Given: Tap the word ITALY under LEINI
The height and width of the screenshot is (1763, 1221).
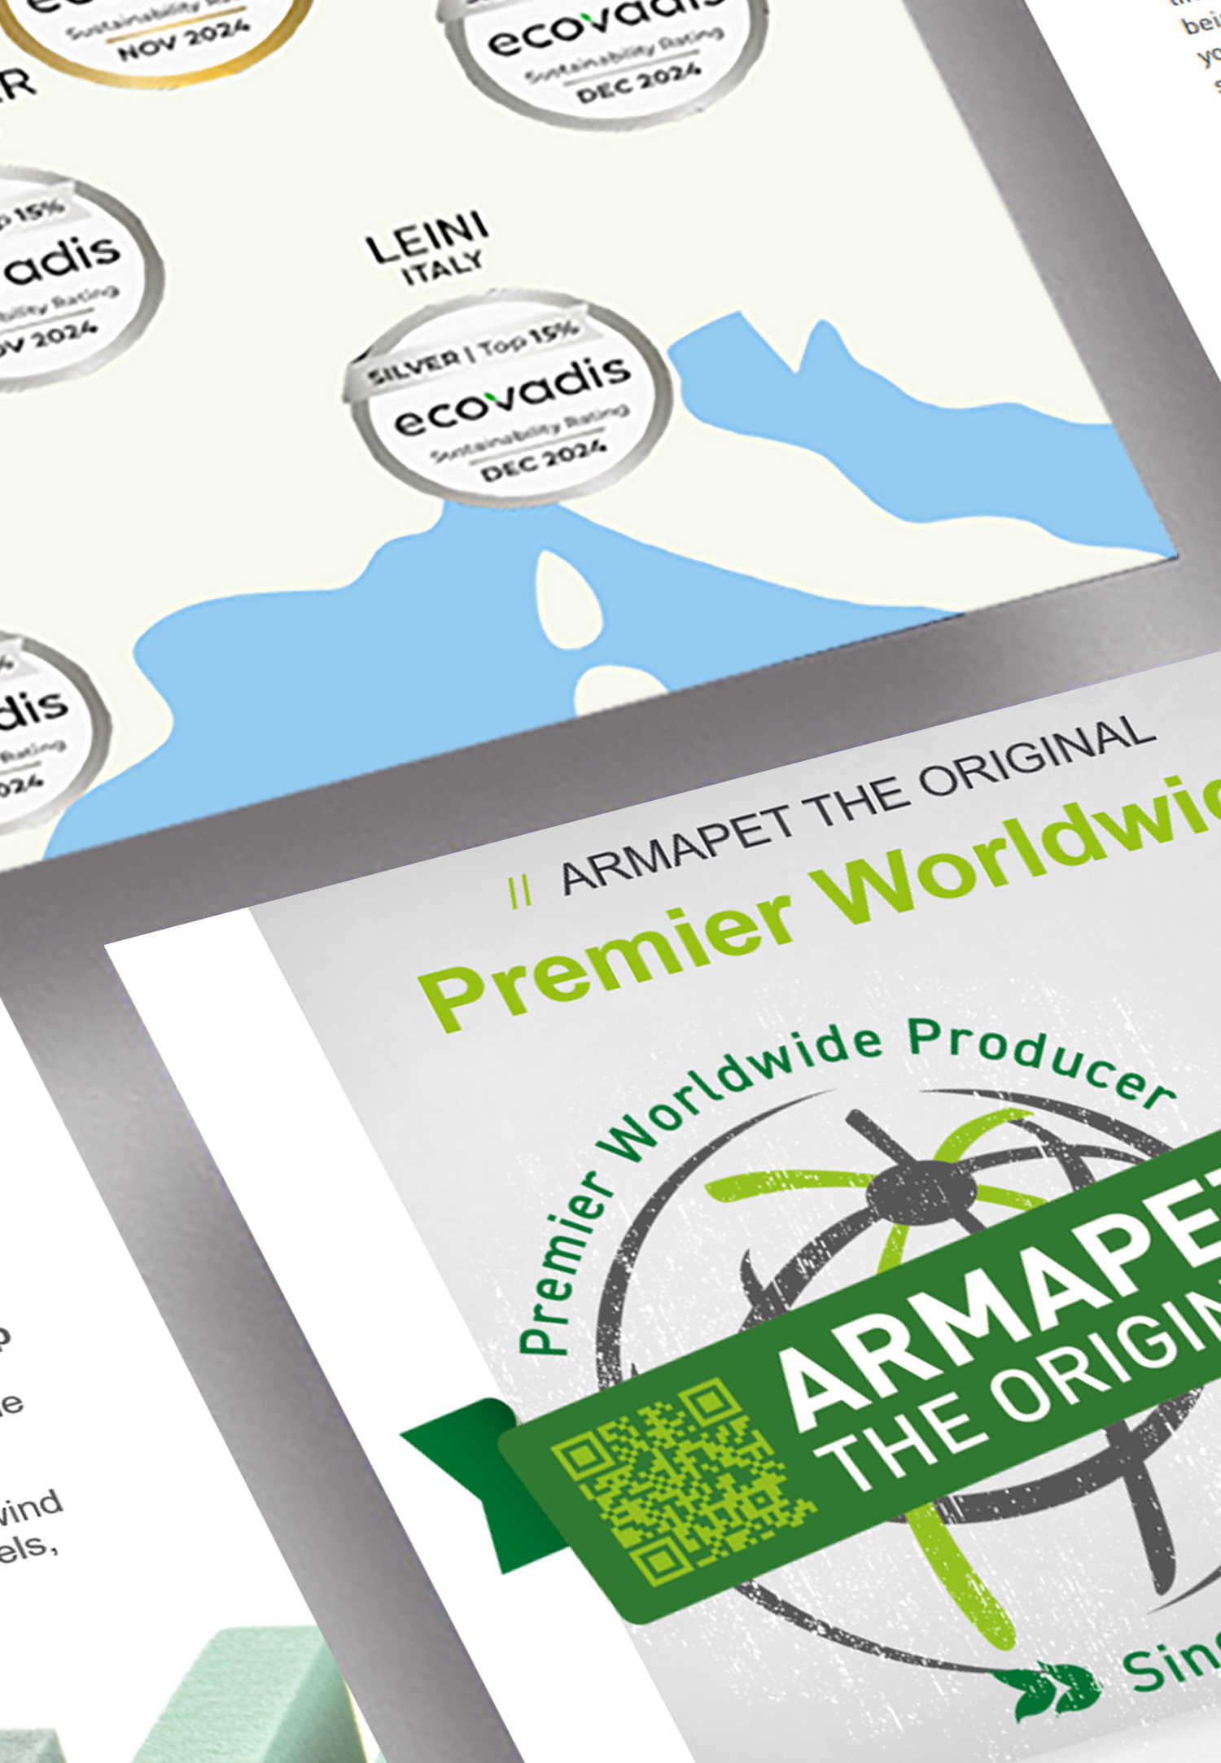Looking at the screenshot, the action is [x=443, y=268].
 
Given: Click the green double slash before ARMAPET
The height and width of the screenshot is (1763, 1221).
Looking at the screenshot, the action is [x=520, y=890].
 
